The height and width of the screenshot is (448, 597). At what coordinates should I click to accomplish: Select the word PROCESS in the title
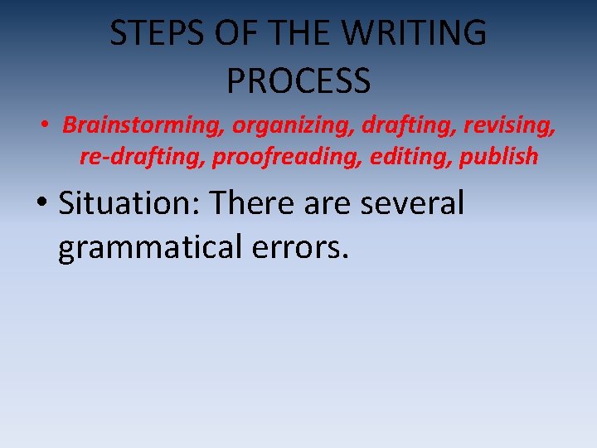coord(298,80)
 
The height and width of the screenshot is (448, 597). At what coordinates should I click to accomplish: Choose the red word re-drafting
coord(143,156)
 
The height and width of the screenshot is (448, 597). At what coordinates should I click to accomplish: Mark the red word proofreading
coord(288,156)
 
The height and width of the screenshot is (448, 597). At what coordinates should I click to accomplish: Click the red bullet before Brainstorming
coord(48,126)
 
